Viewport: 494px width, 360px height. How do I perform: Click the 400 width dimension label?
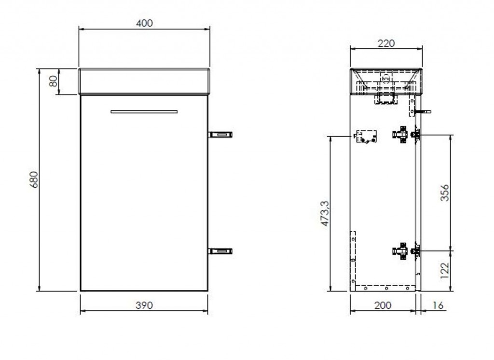click(144, 23)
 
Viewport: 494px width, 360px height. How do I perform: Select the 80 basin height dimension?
click(54, 81)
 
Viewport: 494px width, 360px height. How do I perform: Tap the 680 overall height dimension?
click(34, 180)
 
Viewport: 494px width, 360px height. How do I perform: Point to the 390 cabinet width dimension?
click(144, 305)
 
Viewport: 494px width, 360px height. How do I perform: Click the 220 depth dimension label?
click(386, 43)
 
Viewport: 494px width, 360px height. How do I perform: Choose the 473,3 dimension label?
click(325, 213)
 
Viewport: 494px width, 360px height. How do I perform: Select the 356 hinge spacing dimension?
click(444, 193)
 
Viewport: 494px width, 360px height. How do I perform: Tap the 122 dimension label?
click(444, 270)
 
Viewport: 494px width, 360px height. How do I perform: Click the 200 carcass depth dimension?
click(383, 305)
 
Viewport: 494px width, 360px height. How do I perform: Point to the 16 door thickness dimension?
click(438, 305)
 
